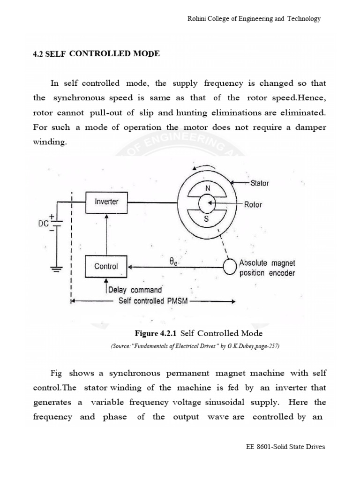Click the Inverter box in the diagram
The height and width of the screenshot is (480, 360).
[x=106, y=202]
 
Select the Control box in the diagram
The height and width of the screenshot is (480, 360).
[x=106, y=266]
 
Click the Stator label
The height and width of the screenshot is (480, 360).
[x=259, y=183]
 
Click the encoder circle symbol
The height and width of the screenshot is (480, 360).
[x=230, y=267]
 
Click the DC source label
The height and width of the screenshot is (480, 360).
[x=44, y=224]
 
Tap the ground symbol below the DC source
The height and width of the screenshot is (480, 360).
[x=57, y=268]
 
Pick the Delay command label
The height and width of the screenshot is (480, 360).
[x=135, y=290]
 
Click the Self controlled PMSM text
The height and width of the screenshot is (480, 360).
[x=153, y=301]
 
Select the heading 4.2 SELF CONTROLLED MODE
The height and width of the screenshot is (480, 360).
[x=96, y=54]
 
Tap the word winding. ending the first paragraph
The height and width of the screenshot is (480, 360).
[x=50, y=142]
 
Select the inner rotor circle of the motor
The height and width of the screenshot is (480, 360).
[x=207, y=203]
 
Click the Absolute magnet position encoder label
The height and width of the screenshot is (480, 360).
[x=267, y=268]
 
